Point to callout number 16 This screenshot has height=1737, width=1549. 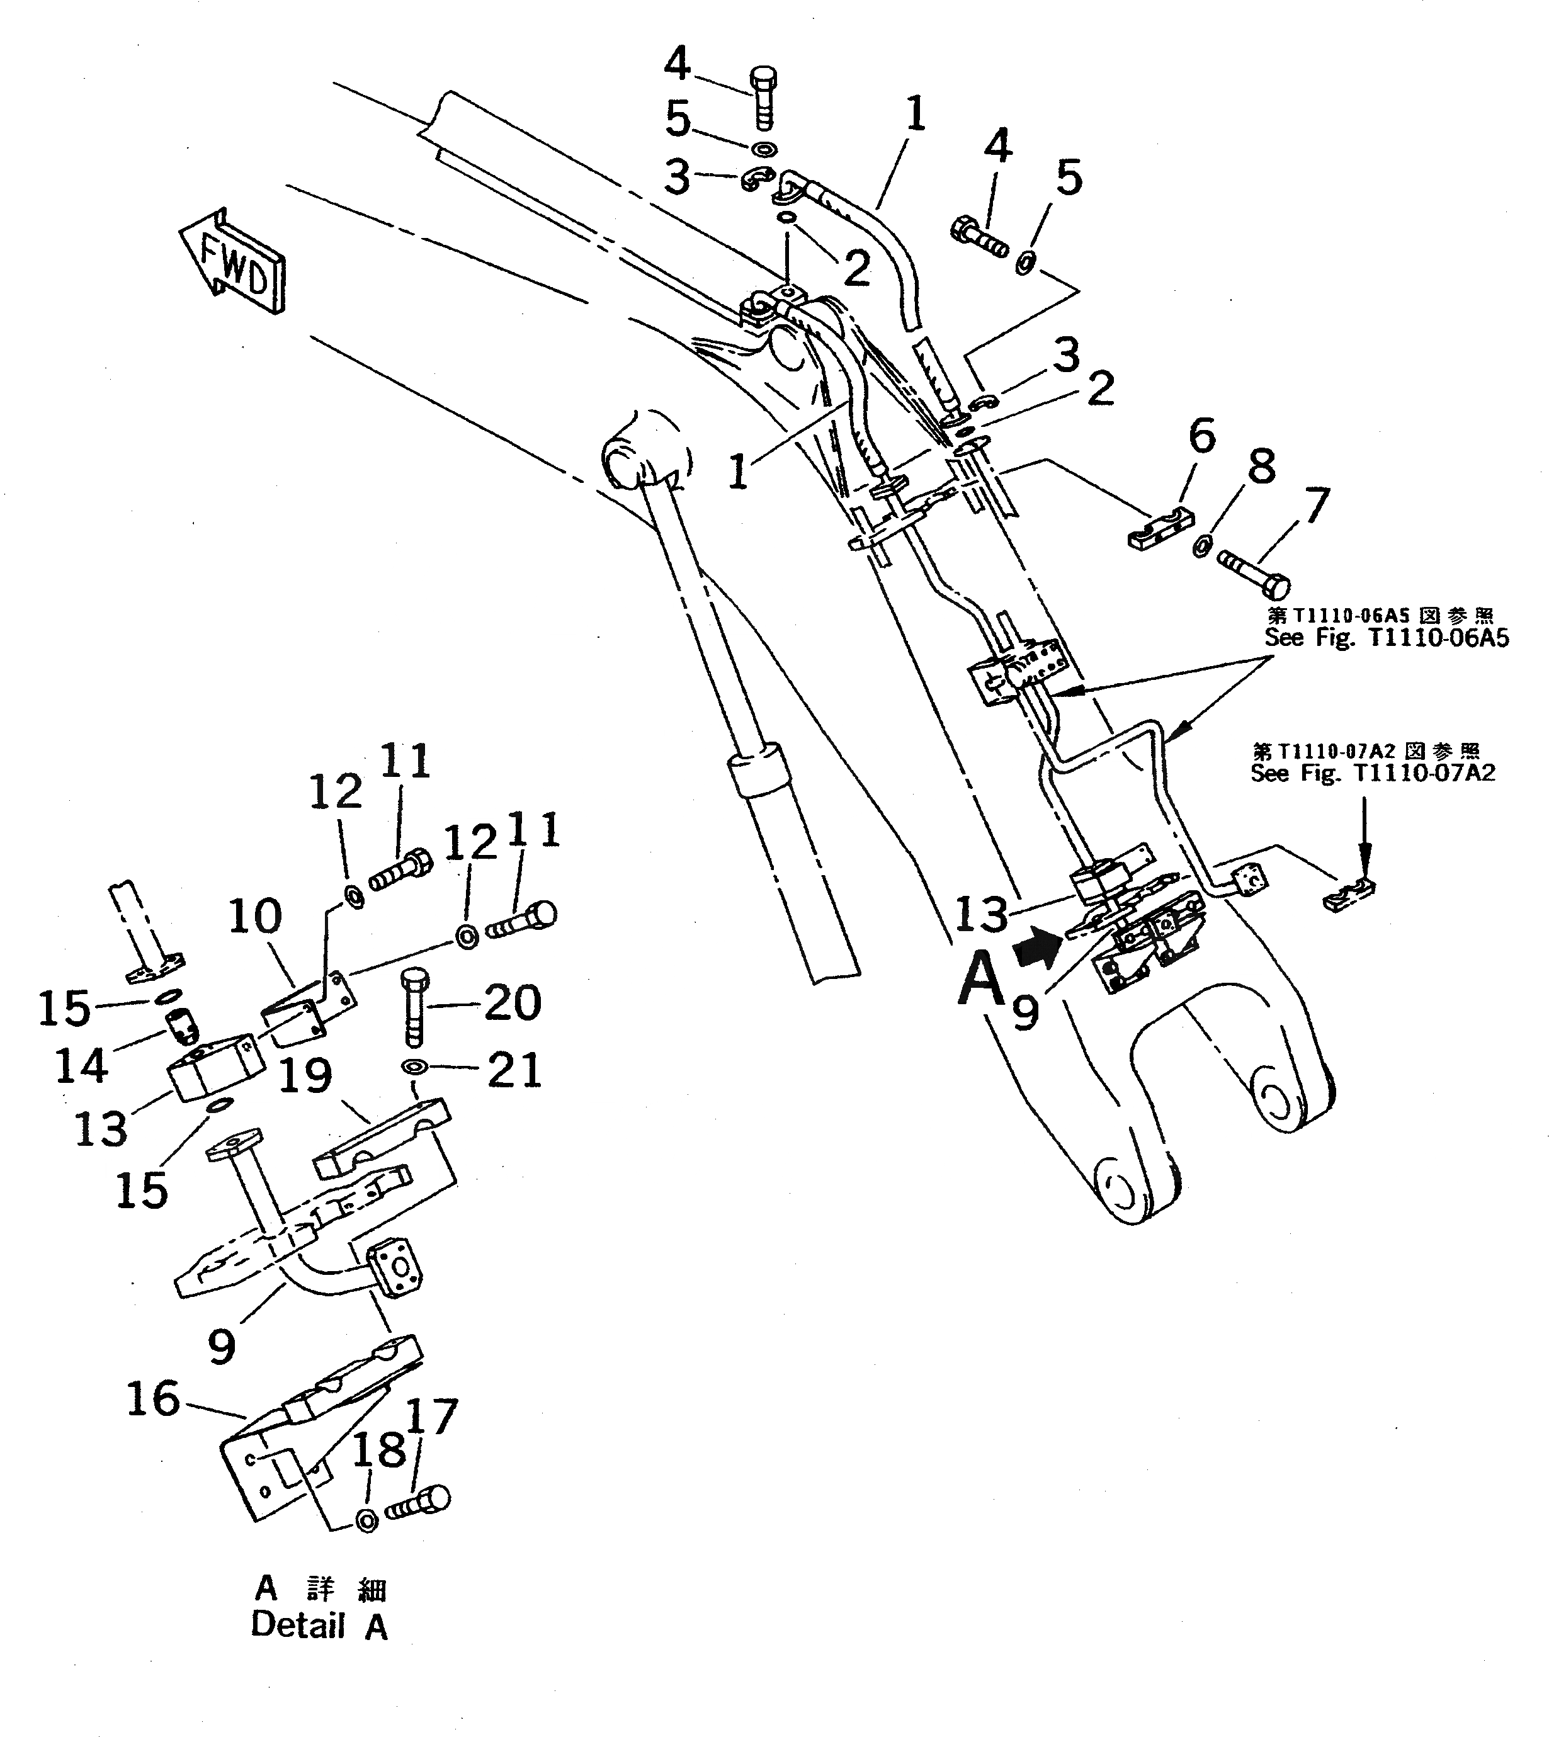click(x=153, y=1399)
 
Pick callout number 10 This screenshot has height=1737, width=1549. click(x=255, y=917)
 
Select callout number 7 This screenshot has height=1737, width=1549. click(x=1316, y=506)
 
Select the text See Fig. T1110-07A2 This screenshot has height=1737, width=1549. click(x=1372, y=772)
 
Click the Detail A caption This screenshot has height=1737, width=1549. click(x=320, y=1625)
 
